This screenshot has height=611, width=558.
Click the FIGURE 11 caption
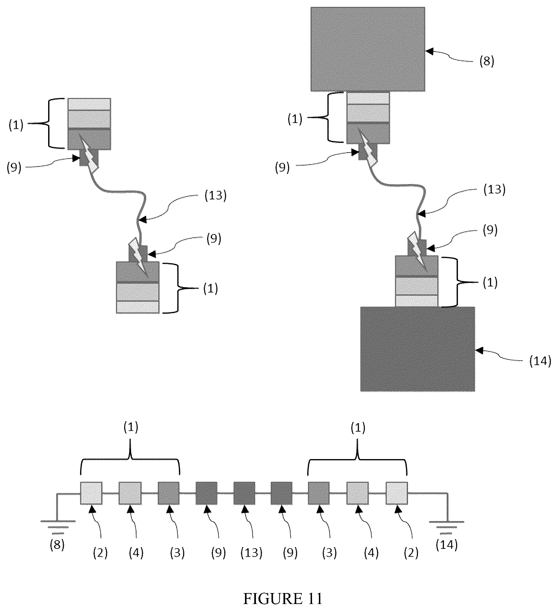283,599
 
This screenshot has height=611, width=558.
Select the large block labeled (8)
368,49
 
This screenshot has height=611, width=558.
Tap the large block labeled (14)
418,349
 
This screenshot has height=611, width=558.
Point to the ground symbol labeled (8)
58,525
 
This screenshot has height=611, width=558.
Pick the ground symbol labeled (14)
446,525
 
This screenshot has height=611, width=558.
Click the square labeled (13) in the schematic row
244,493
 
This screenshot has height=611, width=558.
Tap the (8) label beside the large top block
487,61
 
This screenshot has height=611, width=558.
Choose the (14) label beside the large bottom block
540,361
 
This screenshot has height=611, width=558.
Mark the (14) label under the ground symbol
446,545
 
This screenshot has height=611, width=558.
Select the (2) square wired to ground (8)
91,493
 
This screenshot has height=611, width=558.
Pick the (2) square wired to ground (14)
397,493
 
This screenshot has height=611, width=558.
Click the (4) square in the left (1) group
130,493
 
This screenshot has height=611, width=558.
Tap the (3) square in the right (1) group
319,493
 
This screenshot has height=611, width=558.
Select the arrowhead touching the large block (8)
430,51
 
